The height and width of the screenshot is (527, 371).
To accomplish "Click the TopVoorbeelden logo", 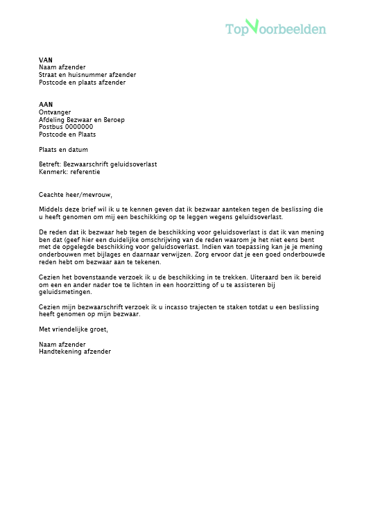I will pyautogui.click(x=275, y=28).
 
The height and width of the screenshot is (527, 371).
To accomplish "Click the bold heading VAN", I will pyautogui.click(x=45, y=60).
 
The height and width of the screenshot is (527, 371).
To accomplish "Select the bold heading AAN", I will pyautogui.click(x=46, y=104).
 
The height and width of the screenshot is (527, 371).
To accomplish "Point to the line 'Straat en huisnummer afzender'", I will pyautogui.click(x=87, y=75).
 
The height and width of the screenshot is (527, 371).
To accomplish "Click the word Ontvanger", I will pyautogui.click(x=55, y=112).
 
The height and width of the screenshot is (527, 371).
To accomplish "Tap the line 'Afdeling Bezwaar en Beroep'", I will pyautogui.click(x=82, y=119).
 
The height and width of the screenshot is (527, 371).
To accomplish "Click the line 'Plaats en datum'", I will pyautogui.click(x=63, y=149).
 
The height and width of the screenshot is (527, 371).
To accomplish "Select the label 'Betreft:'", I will pyautogui.click(x=50, y=164).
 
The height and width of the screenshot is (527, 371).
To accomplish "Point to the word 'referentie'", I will pyautogui.click(x=85, y=171).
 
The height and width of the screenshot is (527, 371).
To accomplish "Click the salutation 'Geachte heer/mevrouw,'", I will pyautogui.click(x=75, y=195).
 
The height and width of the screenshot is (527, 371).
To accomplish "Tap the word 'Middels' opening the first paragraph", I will pyautogui.click(x=51, y=209).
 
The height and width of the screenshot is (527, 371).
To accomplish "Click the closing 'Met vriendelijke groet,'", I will pyautogui.click(x=74, y=329).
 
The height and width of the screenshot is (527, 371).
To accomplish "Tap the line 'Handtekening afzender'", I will pyautogui.click(x=75, y=351).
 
